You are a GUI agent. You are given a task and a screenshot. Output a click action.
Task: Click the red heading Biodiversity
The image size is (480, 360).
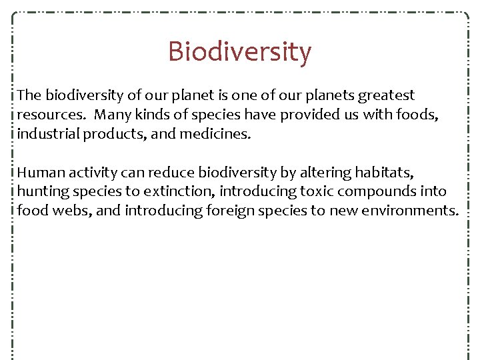[x=239, y=52]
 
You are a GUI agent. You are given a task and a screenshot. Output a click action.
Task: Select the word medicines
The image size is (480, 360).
[x=218, y=134]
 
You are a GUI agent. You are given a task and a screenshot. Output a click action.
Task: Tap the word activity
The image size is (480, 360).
[x=91, y=173]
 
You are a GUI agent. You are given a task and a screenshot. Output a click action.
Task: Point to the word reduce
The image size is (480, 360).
[x=171, y=173]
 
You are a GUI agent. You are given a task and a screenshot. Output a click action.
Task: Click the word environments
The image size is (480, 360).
[x=406, y=211]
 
